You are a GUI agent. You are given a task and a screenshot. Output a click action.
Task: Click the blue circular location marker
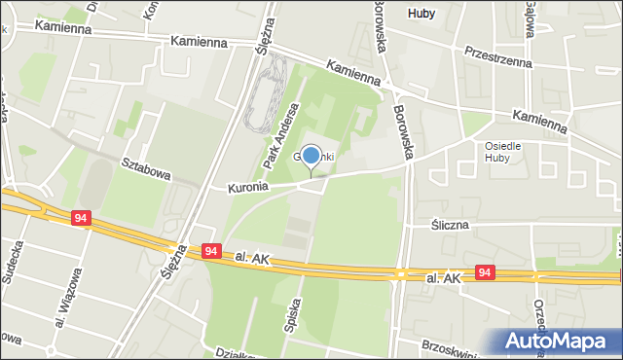[x=311, y=155]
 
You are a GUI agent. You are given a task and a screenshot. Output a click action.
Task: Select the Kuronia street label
[x=247, y=188]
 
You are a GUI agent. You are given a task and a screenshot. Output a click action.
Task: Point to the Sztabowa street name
[x=146, y=168]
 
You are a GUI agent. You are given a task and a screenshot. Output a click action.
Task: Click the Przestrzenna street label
[x=497, y=56]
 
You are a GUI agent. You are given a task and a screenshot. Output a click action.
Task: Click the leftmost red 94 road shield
[x=82, y=220]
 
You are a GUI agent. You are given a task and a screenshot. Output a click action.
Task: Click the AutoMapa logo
[x=557, y=341]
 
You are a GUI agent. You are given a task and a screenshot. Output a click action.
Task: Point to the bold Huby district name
[x=421, y=13]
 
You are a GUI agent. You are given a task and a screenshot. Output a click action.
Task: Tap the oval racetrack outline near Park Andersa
[x=263, y=92]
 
